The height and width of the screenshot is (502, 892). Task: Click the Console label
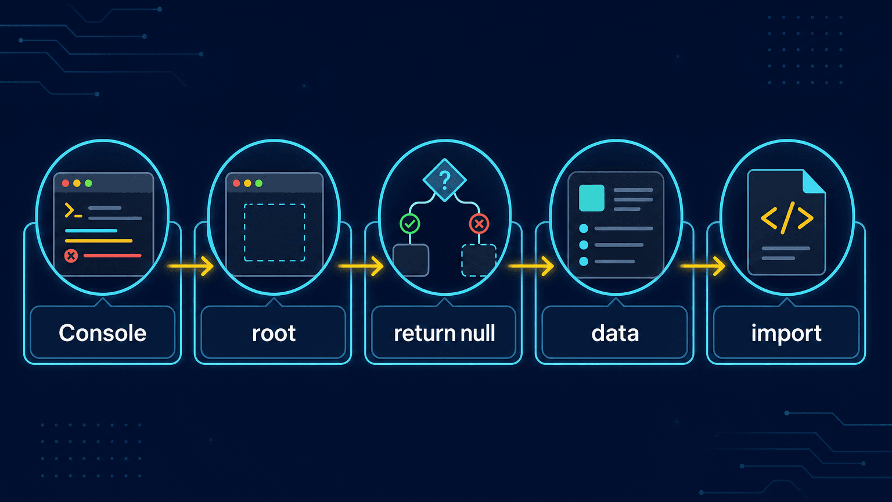click(103, 333)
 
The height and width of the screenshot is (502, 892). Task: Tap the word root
click(274, 334)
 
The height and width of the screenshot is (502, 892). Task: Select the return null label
click(444, 334)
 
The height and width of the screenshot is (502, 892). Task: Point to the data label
click(615, 334)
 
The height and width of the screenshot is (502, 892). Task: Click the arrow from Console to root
click(190, 266)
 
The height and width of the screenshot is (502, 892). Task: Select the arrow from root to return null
click(361, 266)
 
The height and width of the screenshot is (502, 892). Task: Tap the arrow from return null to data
click(531, 266)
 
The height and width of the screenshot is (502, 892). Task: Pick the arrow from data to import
click(703, 266)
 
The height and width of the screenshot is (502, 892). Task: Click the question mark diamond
click(444, 180)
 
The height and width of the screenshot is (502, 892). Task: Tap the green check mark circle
click(410, 224)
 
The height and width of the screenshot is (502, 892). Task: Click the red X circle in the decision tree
click(479, 224)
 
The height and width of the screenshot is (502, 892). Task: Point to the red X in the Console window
click(71, 256)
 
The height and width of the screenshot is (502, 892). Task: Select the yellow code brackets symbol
click(787, 218)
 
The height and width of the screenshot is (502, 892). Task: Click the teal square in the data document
click(592, 198)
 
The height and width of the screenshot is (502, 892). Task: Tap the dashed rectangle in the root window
click(274, 232)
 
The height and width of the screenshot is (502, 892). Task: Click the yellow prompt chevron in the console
click(69, 210)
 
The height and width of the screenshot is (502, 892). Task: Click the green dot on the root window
click(259, 183)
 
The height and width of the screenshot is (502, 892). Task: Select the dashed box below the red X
click(479, 260)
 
